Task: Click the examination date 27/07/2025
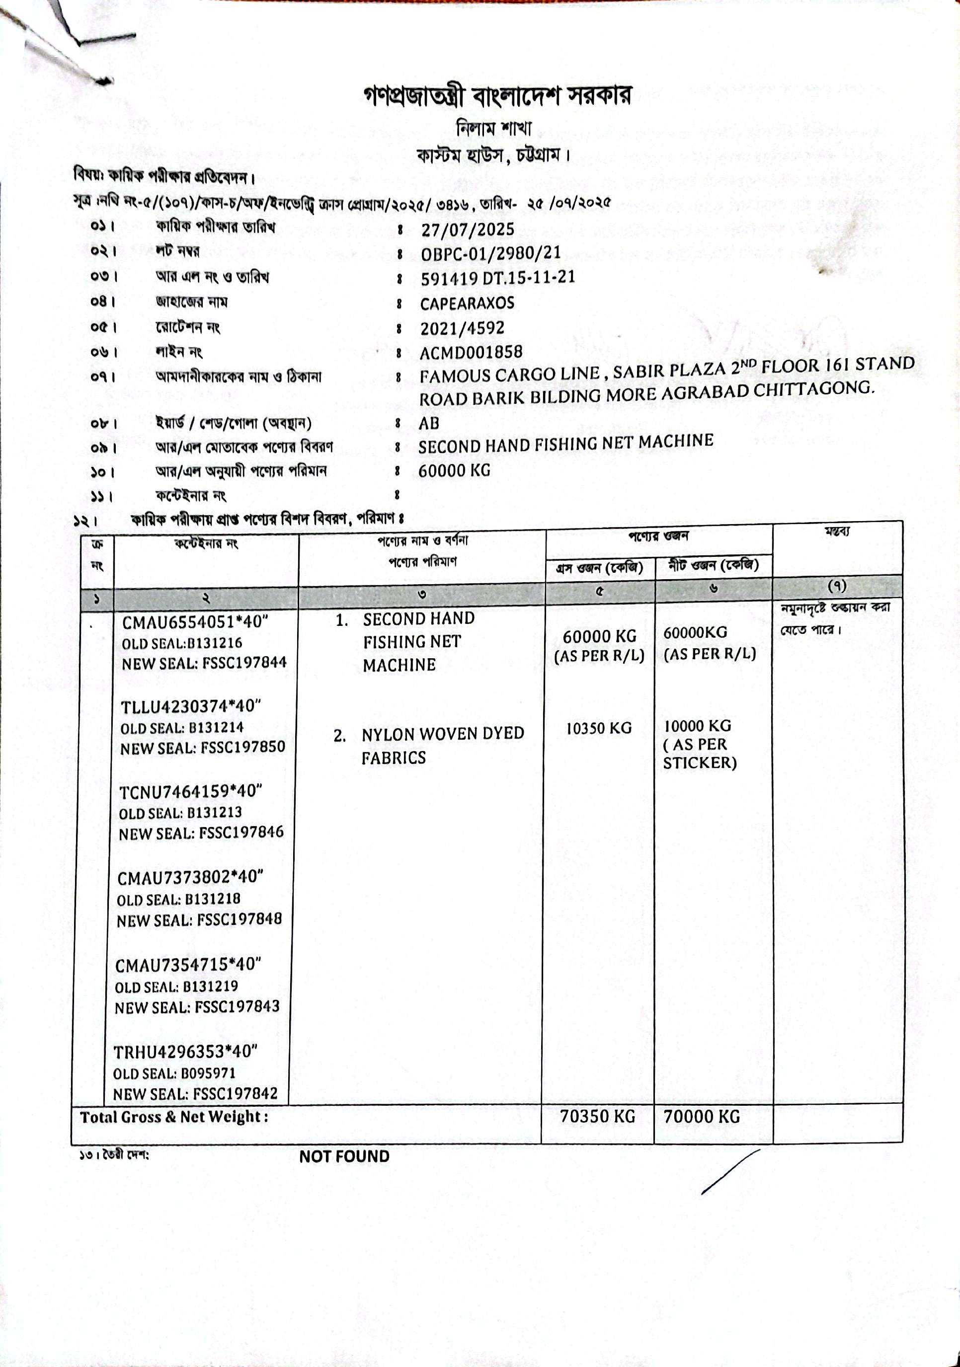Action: pyautogui.click(x=467, y=229)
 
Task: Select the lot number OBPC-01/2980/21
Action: pyautogui.click(x=491, y=253)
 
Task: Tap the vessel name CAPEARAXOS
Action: pyautogui.click(x=467, y=304)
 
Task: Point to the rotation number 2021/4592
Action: pyautogui.click(x=462, y=328)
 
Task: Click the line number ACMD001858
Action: pyautogui.click(x=471, y=353)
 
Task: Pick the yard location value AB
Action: pyautogui.click(x=429, y=423)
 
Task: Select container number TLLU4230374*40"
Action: pyautogui.click(x=192, y=707)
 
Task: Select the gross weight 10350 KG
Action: pyautogui.click(x=599, y=728)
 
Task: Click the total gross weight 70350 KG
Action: pyautogui.click(x=597, y=1116)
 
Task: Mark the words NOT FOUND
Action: pyautogui.click(x=344, y=1156)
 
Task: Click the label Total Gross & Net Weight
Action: pyautogui.click(x=174, y=1117)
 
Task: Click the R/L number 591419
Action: pyautogui.click(x=447, y=279)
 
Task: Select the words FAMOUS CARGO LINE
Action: pyautogui.click(x=509, y=375)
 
